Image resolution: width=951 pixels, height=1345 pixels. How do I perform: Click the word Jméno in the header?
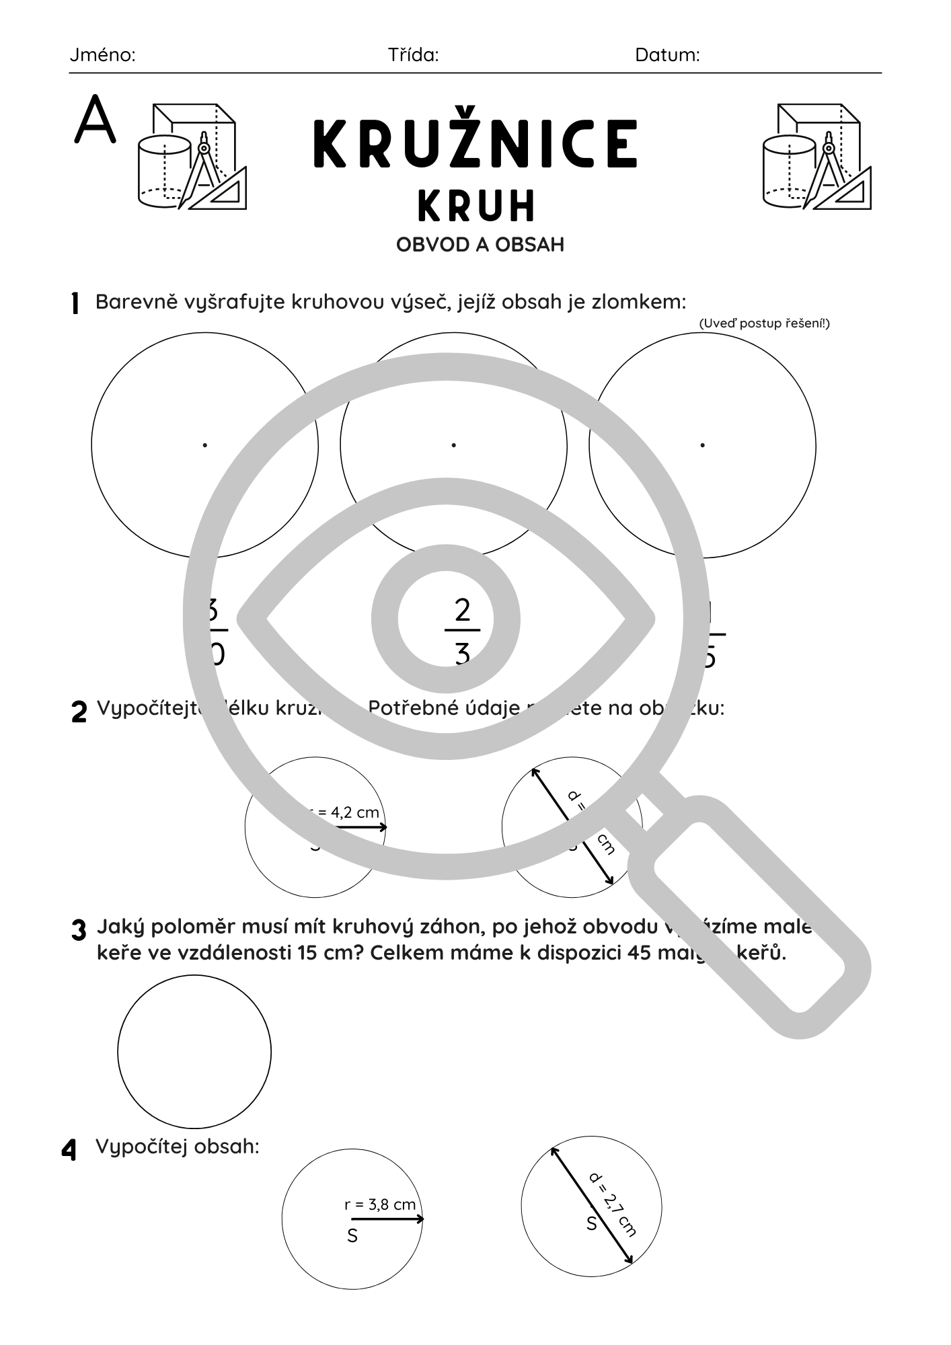tap(102, 55)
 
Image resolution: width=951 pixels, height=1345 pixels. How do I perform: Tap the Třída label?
tap(413, 55)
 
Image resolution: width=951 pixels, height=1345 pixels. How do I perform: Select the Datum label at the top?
tap(667, 55)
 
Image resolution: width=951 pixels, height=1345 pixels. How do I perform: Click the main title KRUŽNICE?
tap(475, 145)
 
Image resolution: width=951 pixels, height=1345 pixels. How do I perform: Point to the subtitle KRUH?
tap(476, 206)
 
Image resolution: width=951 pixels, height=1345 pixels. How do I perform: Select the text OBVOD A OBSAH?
tap(480, 245)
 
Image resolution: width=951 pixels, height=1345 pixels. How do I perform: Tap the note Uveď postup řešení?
tap(764, 323)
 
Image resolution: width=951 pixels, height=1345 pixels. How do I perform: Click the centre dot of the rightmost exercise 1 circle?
tap(702, 445)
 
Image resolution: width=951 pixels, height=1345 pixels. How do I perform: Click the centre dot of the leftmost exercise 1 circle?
tap(204, 445)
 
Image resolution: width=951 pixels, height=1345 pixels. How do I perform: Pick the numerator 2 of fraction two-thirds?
tap(462, 611)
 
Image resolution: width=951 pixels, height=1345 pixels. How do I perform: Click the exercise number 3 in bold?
tap(79, 931)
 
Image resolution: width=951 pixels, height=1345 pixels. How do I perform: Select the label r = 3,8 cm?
tap(380, 1204)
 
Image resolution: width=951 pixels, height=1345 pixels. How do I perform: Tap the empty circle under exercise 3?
tap(194, 1052)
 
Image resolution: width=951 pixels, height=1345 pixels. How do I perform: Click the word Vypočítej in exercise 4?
tap(141, 1147)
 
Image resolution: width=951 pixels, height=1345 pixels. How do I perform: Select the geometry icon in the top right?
tap(816, 156)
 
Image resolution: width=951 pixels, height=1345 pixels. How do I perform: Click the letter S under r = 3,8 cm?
tap(352, 1235)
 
